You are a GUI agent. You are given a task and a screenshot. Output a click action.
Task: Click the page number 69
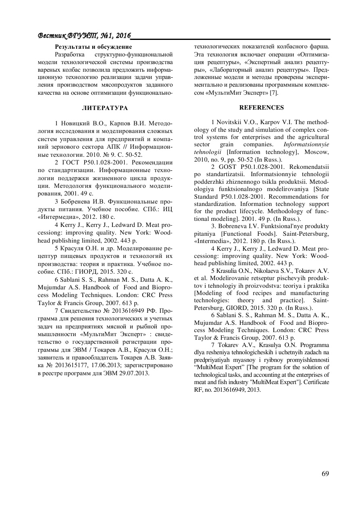(325, 473)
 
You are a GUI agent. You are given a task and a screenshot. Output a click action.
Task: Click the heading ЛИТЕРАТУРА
(105, 108)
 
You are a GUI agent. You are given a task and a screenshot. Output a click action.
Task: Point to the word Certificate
(315, 382)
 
